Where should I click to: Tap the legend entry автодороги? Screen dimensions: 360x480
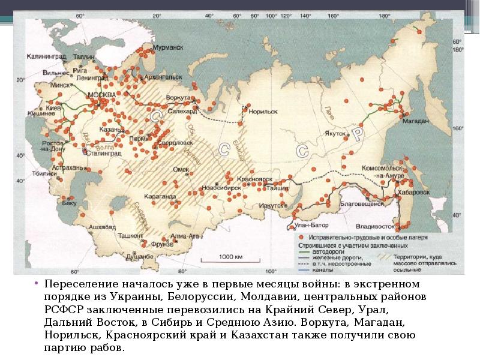(x=326, y=251)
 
